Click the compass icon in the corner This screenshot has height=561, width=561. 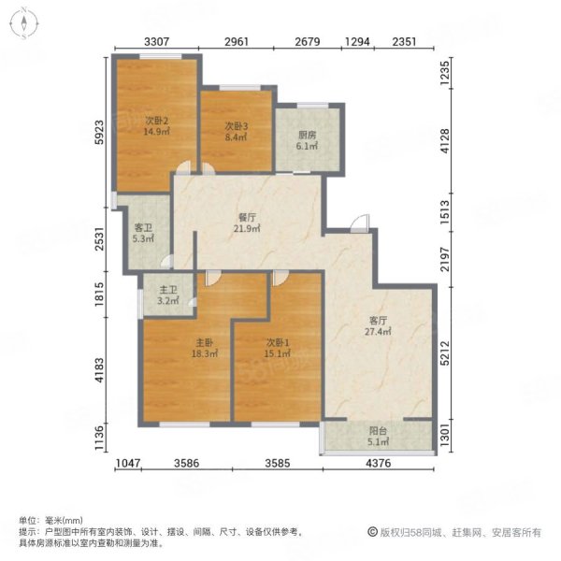23,23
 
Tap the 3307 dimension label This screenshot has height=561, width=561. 156,42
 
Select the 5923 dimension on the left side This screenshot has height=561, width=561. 99,133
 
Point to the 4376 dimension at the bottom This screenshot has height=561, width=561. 379,463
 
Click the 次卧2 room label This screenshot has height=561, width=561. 157,121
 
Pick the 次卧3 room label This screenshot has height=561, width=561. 237,126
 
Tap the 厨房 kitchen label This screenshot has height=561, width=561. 307,136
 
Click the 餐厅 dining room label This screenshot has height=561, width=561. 247,217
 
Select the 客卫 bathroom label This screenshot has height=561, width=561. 143,227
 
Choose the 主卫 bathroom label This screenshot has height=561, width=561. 168,290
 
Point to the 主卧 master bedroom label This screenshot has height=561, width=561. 204,343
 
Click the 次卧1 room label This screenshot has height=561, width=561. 278,343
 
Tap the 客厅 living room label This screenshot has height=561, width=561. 378,320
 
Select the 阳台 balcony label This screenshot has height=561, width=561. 378,431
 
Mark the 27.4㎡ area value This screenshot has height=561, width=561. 378,331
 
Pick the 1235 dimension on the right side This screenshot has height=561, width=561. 444,73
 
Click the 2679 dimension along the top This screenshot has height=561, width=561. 308,42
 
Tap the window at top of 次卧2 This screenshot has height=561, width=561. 160,56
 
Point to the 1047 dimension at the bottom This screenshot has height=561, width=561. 128,463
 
